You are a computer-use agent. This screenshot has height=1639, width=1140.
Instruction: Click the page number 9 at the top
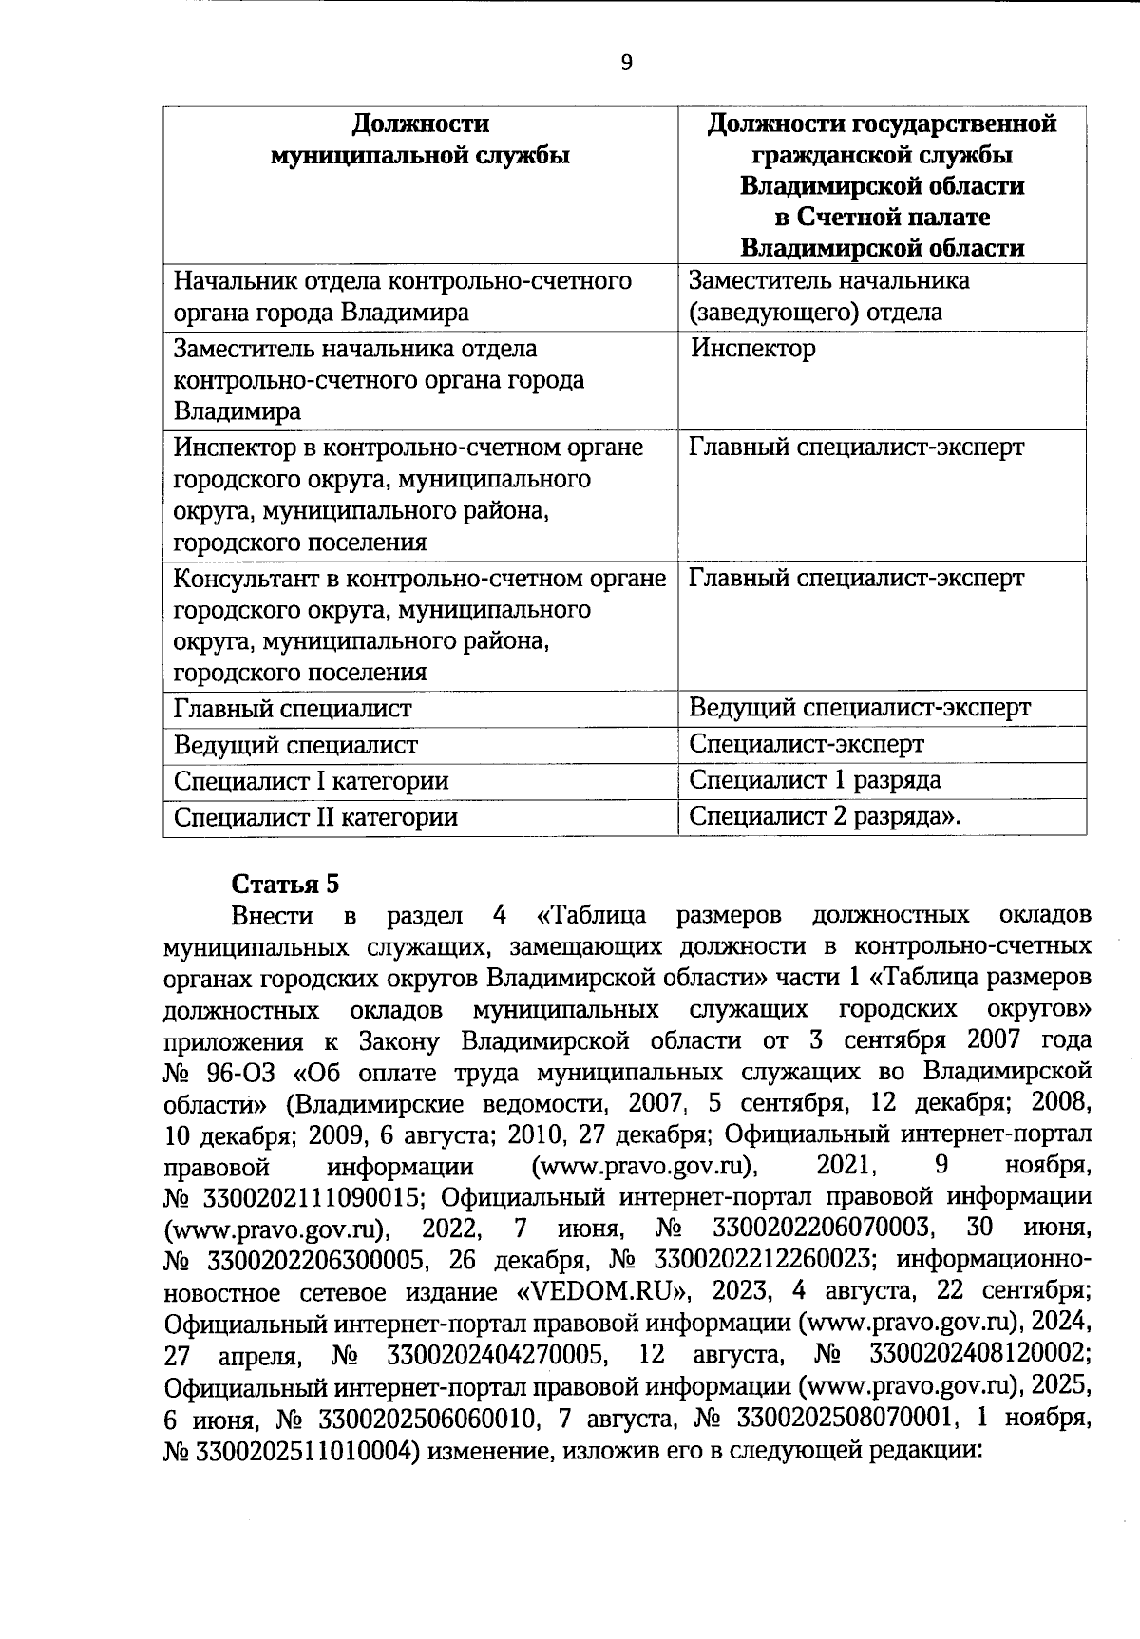tap(625, 63)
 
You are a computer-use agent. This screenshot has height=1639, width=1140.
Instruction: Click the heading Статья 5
tap(285, 884)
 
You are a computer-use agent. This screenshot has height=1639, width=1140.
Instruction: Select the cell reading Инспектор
tap(752, 349)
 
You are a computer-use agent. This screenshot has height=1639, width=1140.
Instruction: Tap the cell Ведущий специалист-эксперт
tap(859, 708)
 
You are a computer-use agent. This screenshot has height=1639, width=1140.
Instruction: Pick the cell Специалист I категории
tap(311, 781)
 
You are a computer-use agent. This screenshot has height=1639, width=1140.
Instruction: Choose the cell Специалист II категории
tap(315, 817)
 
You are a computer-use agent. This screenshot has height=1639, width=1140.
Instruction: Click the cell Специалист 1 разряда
tap(814, 780)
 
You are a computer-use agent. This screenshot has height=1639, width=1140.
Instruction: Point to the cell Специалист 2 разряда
tap(822, 816)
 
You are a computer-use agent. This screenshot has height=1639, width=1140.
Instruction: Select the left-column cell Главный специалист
tap(293, 709)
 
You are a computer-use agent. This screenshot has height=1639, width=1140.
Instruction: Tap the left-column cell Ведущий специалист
tap(295, 745)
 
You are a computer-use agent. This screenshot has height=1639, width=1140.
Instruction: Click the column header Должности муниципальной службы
tap(420, 139)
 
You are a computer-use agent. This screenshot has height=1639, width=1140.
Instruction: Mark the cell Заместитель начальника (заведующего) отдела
tap(828, 296)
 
